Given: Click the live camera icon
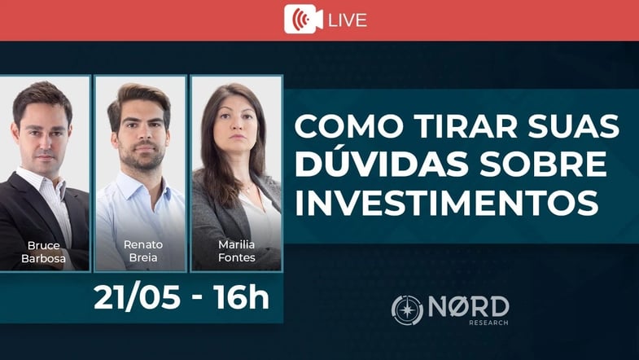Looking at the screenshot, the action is (303, 20).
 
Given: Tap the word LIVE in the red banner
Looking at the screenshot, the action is (348, 20).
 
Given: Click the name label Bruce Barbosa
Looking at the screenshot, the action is (44, 252).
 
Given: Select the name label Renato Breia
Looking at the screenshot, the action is (143, 251).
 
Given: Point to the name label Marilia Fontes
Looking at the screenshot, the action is (236, 251).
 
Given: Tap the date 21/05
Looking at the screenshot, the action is (137, 296).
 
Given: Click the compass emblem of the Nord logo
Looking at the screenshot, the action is (407, 310).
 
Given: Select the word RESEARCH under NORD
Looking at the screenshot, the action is (488, 323).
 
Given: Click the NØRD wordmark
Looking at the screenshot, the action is (469, 307).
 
